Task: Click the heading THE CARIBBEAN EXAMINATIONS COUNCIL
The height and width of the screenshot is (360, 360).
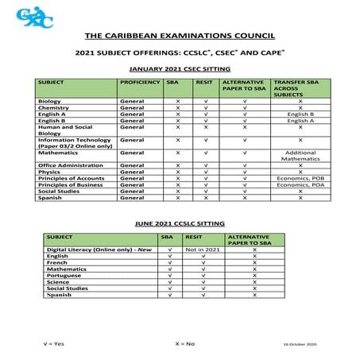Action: [180, 37]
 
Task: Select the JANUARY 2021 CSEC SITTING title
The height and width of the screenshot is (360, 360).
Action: [180, 69]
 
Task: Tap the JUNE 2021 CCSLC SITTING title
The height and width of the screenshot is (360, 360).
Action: [180, 225]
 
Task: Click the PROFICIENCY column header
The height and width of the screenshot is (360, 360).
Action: [139, 83]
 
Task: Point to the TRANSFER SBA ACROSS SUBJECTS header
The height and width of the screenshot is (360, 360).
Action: [300, 87]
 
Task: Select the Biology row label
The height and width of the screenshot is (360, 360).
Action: [50, 102]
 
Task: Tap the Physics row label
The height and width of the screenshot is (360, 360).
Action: [49, 171]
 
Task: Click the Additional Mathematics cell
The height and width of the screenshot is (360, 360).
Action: [300, 155]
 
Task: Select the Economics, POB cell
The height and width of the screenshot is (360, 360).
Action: [300, 178]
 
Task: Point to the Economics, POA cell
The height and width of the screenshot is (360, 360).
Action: [300, 184]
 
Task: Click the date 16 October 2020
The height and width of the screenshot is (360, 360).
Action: [300, 343]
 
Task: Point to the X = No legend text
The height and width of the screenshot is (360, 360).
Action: [184, 343]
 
